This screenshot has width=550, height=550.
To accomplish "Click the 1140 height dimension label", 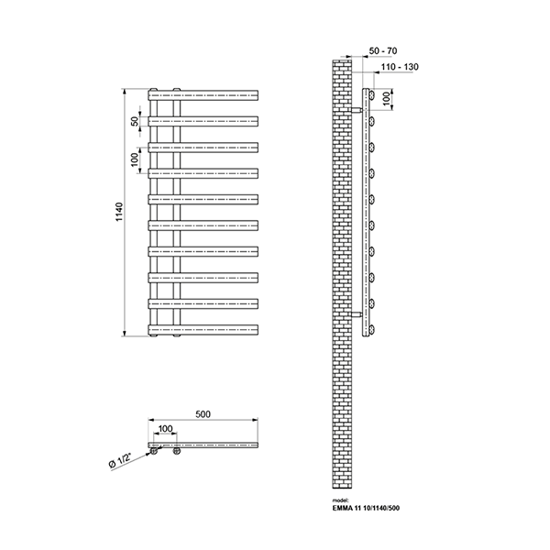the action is (119, 212).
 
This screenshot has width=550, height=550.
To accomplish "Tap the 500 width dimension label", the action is (203, 414).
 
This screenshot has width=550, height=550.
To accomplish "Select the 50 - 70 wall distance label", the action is (383, 50).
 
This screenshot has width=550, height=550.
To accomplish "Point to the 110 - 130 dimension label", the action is (400, 67).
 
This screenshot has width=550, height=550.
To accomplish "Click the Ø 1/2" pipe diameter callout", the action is (120, 460).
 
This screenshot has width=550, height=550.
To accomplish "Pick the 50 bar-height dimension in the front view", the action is (135, 121).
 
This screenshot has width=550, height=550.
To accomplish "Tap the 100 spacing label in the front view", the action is (135, 159).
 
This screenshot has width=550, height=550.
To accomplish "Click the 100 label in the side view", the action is (386, 99).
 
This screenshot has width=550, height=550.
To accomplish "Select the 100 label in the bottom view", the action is (166, 429).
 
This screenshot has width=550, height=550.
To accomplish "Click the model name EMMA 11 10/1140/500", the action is (366, 508).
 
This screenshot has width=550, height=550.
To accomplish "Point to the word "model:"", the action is (339, 500).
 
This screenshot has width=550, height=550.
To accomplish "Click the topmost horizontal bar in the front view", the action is (203, 95).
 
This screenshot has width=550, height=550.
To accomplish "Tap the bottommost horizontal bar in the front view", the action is (203, 330).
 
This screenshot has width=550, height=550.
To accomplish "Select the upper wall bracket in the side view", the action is (357, 110).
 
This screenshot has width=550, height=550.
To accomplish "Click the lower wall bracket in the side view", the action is (357, 314).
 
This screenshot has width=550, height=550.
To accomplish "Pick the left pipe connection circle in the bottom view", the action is (154, 451).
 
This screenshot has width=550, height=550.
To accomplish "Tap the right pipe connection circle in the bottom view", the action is (177, 451).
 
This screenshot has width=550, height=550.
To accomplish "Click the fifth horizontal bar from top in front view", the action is (203, 199).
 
